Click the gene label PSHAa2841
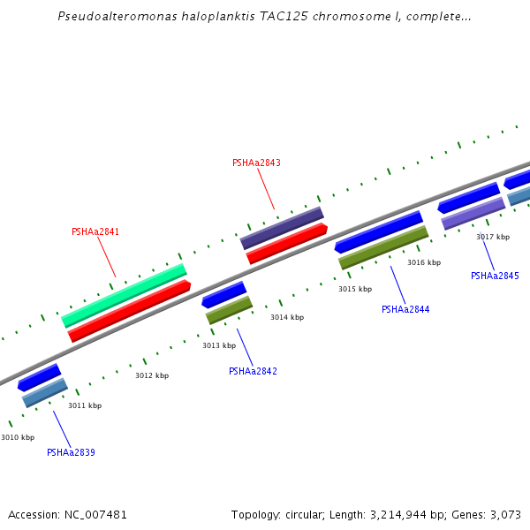point(95,232)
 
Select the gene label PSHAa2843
point(256,163)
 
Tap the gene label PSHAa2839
point(71,452)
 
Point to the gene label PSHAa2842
point(253,371)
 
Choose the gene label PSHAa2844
point(405,309)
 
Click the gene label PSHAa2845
point(495,276)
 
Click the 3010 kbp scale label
point(18,437)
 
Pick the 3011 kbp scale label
point(85,405)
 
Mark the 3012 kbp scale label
point(152,375)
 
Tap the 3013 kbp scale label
point(219,345)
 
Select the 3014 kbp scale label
point(287,317)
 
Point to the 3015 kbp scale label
point(355,289)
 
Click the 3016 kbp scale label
point(424,262)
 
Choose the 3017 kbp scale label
point(493,237)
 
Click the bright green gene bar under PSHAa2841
point(125,295)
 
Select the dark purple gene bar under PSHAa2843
point(282,228)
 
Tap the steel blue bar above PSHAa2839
point(45,393)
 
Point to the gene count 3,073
point(505,514)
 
